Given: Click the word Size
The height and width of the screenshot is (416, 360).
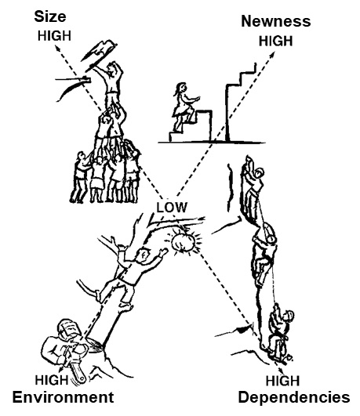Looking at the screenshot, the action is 50,16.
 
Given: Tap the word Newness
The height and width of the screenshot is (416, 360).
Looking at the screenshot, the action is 276,21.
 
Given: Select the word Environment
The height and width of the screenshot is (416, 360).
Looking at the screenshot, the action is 63,397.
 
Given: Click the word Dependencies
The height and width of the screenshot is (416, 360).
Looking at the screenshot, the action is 294,398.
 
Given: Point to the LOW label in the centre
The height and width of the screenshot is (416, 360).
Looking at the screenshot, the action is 172,207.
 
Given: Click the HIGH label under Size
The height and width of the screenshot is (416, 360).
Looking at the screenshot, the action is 54,36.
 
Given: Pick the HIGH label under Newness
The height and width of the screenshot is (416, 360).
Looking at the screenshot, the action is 275,41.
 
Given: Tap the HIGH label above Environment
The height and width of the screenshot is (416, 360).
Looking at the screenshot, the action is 52,380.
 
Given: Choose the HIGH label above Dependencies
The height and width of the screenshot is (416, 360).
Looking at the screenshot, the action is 282,381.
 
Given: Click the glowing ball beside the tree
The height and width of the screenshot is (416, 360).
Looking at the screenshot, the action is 184,242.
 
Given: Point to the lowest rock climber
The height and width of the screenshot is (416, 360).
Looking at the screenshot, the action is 279,331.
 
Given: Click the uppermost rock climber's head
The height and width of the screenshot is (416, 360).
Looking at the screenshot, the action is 258,174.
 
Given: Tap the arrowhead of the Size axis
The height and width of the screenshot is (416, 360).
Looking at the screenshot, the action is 57,49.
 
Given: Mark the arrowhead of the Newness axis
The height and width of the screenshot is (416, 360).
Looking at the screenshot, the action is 272,55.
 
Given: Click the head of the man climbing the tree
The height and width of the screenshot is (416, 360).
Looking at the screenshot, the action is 143,255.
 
